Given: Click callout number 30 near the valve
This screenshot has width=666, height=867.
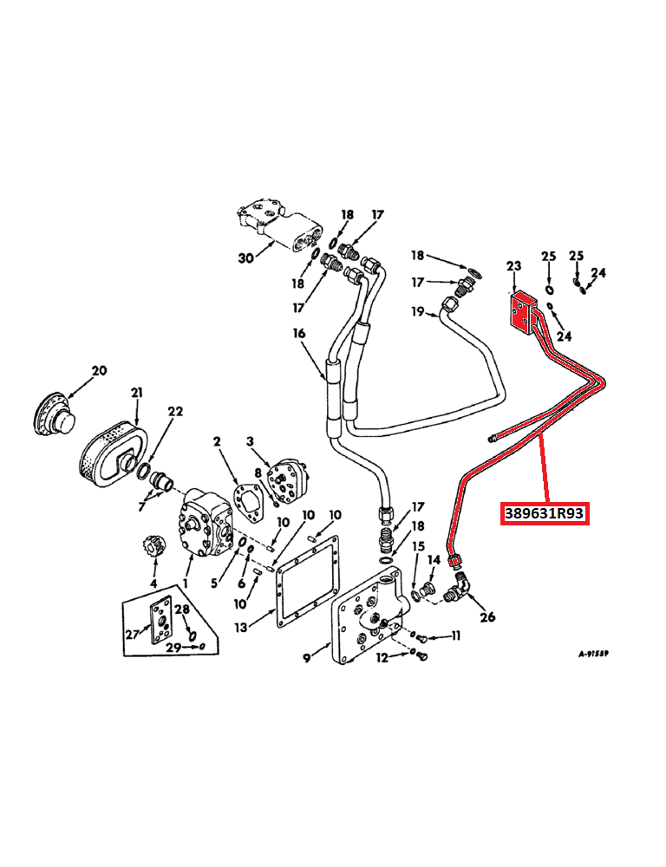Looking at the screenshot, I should point(246,257).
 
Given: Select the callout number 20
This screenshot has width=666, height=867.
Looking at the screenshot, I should point(99,371).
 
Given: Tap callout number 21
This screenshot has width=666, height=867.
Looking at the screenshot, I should point(136,393).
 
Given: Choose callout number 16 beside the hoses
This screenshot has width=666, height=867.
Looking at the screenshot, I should point(299,333).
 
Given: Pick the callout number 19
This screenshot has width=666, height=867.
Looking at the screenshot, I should point(417,312).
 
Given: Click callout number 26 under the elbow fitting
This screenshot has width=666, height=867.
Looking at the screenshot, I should point(487,617).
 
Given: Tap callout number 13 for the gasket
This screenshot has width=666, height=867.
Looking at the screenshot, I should point(240,627).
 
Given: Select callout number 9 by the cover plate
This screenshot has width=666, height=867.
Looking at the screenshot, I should point(306,658).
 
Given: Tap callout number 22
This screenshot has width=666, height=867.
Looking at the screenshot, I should point(176,412).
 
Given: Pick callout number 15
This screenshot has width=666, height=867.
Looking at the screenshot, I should point(418,546).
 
